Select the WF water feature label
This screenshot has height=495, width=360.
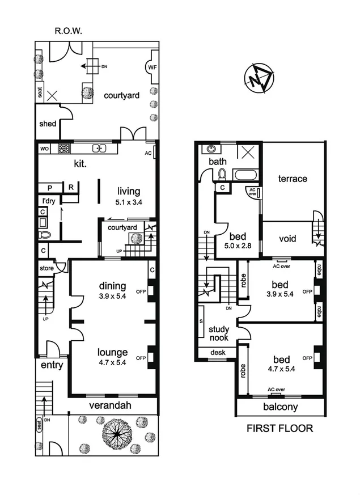152,67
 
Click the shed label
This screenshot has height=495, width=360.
48,124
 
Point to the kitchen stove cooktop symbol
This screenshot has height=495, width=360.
64,149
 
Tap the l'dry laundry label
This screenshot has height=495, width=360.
45,201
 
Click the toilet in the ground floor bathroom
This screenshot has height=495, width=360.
44,234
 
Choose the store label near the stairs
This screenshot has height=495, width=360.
46,268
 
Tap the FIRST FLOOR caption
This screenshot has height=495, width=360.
279,428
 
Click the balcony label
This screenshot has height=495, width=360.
280,408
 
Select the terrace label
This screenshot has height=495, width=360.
293,179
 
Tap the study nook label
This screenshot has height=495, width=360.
219,333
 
